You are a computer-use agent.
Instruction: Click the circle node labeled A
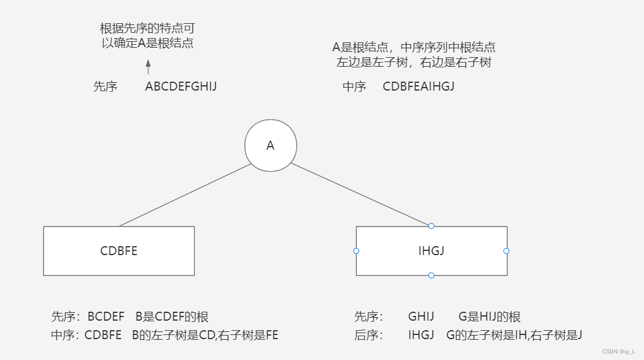tap(270, 145)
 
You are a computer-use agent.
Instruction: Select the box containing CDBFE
tap(119, 251)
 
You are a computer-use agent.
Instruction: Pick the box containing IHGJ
tap(431, 251)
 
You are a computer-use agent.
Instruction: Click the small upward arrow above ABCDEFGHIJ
tap(148, 66)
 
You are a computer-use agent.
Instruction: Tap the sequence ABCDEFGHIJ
tap(181, 86)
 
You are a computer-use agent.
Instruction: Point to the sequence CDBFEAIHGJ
tap(419, 86)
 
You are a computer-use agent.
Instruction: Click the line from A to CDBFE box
tap(185, 195)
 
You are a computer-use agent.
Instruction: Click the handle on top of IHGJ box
tap(431, 226)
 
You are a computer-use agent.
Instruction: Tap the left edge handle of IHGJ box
tap(356, 251)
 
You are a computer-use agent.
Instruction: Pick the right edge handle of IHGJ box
tap(506, 251)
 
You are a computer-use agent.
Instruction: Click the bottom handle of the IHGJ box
tap(431, 275)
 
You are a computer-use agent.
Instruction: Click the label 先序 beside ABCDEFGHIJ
tap(105, 86)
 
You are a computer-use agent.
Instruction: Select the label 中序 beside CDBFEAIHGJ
tap(354, 86)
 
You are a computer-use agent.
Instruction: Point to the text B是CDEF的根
tap(172, 316)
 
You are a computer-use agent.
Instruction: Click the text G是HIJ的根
tap(490, 316)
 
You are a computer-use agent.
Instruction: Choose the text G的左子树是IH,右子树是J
tap(514, 335)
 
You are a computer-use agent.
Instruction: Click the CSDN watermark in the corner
tap(618, 352)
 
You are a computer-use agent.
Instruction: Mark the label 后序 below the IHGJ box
tap(366, 335)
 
